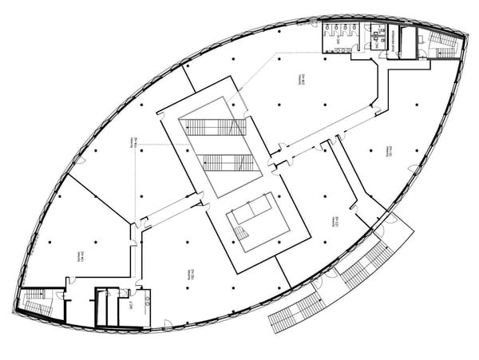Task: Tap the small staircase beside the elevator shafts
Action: pos(241,233)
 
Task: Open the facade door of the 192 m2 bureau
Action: pos(168,324)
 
